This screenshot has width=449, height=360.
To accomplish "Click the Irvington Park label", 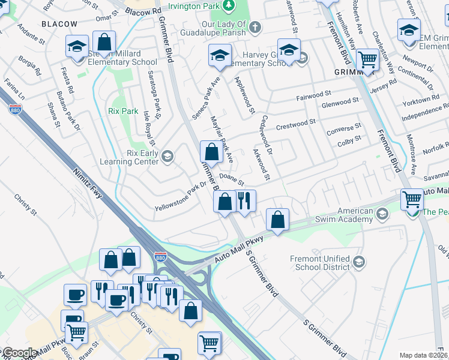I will (x=193, y=7).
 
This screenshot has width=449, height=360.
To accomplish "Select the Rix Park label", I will (x=123, y=111).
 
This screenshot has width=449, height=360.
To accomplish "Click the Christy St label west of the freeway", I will (x=26, y=204).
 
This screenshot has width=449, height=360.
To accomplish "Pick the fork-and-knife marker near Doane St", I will (x=244, y=200).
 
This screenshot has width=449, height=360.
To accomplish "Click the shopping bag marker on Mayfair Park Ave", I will (x=211, y=151).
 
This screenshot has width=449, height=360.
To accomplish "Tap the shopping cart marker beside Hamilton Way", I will (x=367, y=60).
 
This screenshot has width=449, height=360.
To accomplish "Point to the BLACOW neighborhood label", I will (x=59, y=23).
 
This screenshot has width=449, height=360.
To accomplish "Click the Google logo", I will (x=19, y=353).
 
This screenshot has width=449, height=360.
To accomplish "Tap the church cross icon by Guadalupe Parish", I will (x=255, y=27).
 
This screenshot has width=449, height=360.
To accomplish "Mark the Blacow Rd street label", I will (x=144, y=11).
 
